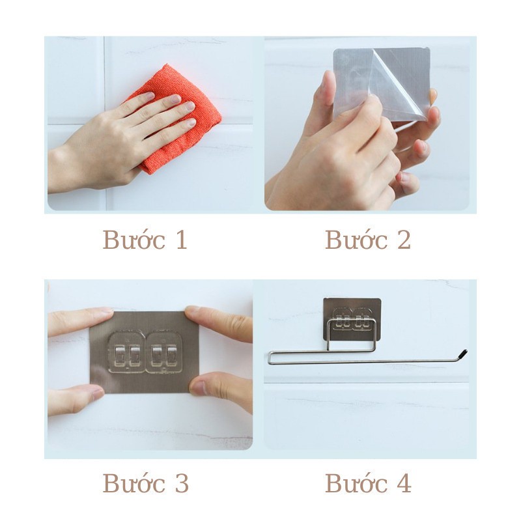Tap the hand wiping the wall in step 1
point(124,140)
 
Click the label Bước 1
point(145,240)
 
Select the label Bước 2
point(368,240)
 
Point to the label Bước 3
point(145,483)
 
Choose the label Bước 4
point(368,483)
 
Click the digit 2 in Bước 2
point(402,240)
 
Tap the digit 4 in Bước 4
point(402,484)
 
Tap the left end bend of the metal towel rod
point(270,357)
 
